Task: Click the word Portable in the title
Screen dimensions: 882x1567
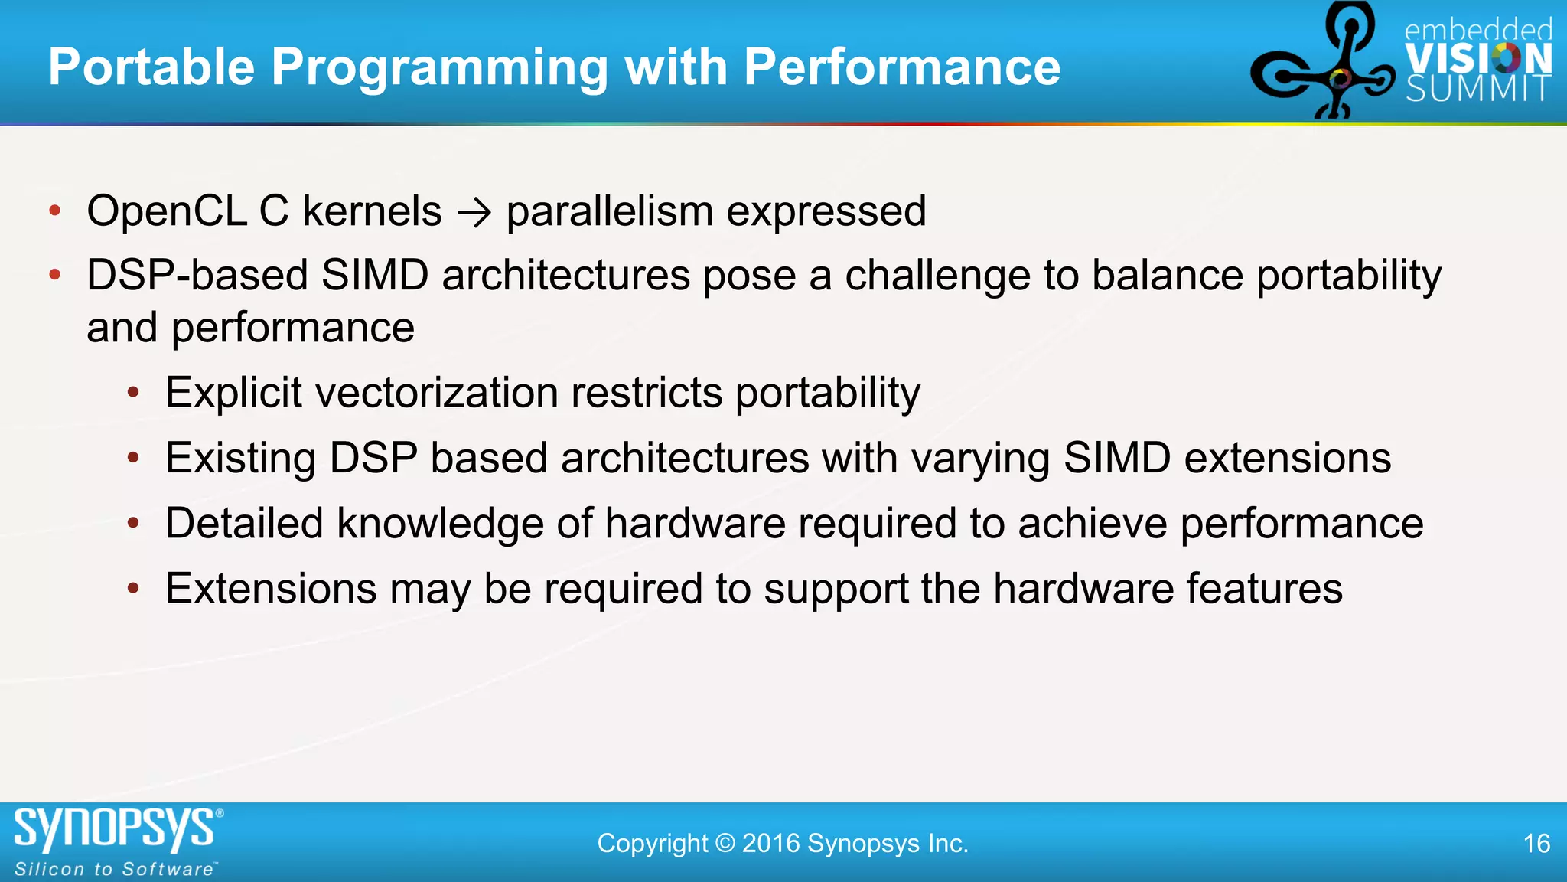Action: (151, 67)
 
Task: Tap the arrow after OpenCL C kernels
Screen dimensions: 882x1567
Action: (474, 212)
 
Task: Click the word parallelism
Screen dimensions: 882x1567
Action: (609, 212)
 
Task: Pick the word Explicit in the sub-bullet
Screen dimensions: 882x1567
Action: (233, 393)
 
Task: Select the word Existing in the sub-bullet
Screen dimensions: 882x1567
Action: (240, 459)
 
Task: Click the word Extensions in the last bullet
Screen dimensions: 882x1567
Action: (271, 589)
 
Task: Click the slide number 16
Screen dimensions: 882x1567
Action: (1536, 844)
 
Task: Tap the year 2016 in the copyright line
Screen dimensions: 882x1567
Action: (770, 844)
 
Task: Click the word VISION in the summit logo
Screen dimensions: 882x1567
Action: (1478, 59)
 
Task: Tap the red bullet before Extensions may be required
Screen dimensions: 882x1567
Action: (133, 589)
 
